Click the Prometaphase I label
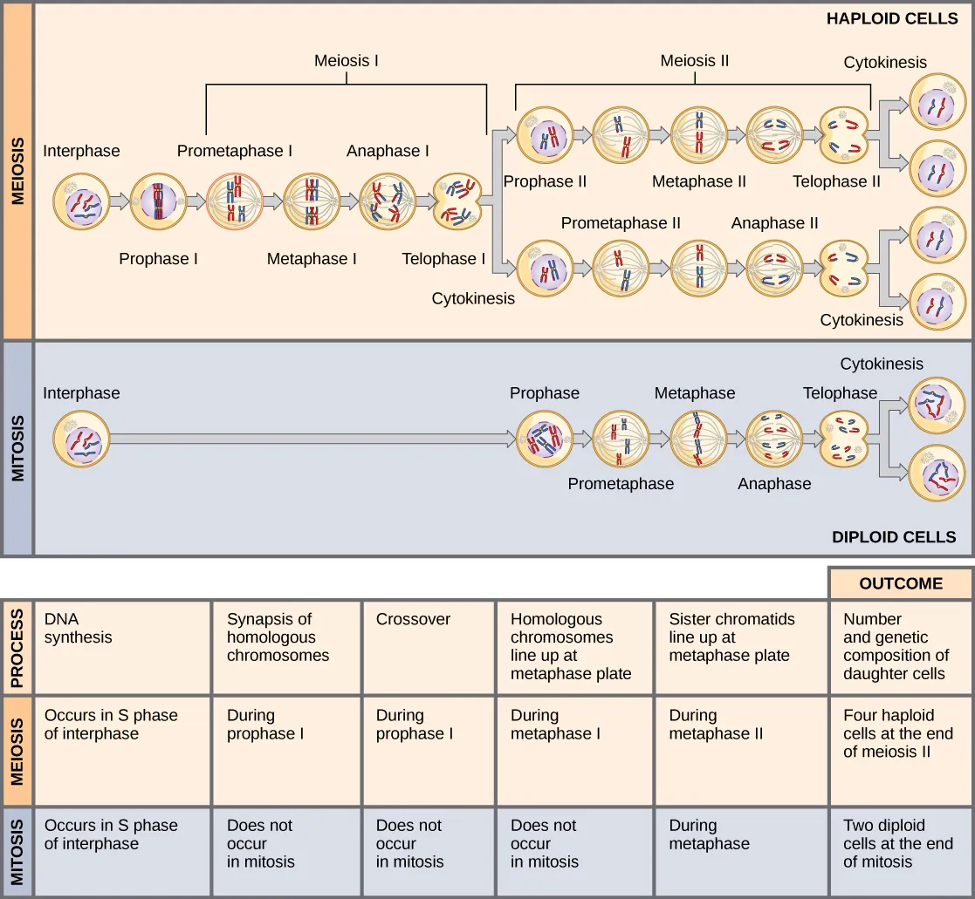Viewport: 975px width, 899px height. pyautogui.click(x=235, y=151)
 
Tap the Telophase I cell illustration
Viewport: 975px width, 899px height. pyautogui.click(x=457, y=201)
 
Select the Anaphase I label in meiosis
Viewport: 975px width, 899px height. pyautogui.click(x=388, y=151)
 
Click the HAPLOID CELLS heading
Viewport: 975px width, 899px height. pyautogui.click(x=891, y=18)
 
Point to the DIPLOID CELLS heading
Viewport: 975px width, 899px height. pyautogui.click(x=894, y=537)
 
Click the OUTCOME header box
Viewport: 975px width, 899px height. pyautogui.click(x=900, y=583)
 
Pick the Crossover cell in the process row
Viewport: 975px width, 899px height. pyautogui.click(x=428, y=646)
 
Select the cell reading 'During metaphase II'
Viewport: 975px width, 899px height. pyautogui.click(x=740, y=750)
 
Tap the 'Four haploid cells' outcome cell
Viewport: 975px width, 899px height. pyautogui.click(x=900, y=750)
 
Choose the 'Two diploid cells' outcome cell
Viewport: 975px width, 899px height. pyautogui.click(x=900, y=851)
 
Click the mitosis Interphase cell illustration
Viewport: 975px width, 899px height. pyautogui.click(x=81, y=440)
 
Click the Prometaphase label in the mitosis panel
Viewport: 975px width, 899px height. pyautogui.click(x=621, y=484)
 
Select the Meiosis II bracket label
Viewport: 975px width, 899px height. pyautogui.click(x=694, y=61)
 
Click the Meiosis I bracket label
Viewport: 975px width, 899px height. pyautogui.click(x=347, y=61)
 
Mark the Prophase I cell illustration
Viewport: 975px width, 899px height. pyautogui.click(x=159, y=201)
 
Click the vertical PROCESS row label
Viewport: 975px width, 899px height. pyautogui.click(x=17, y=646)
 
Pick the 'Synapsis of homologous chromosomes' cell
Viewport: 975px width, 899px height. pyautogui.click(x=285, y=646)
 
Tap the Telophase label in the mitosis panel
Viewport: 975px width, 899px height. pyautogui.click(x=840, y=393)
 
